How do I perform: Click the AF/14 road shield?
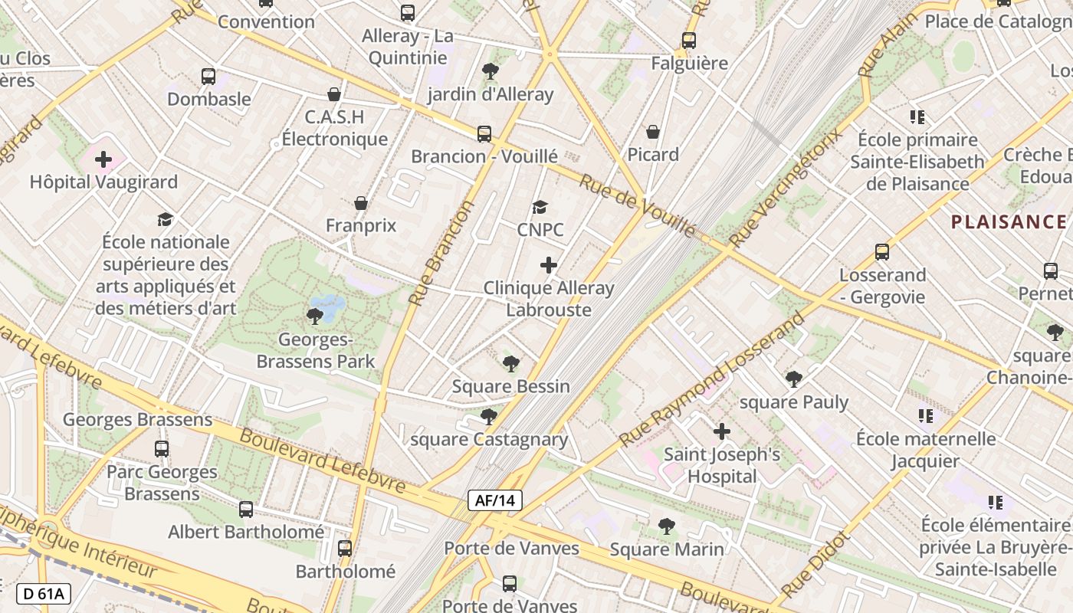pos(495,501)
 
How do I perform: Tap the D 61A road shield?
pos(43,593)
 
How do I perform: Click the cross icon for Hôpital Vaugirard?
pos(103,159)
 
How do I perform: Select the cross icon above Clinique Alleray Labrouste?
pos(549,265)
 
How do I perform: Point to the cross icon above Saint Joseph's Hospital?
pos(721,431)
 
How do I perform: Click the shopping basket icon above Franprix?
pos(361,203)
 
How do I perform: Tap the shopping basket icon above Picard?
pos(653,132)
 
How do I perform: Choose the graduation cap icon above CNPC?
pos(540,207)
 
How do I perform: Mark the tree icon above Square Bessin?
pos(510,363)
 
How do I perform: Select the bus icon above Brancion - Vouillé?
pos(484,133)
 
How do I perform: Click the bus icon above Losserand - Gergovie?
pos(882,251)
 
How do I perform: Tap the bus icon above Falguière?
pos(689,41)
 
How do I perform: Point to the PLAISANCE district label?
pos(1009,222)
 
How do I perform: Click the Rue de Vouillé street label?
pos(637,205)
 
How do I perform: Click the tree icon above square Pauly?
pos(793,379)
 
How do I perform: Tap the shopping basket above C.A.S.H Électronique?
pos(334,94)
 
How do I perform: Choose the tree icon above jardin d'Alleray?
pos(490,71)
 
